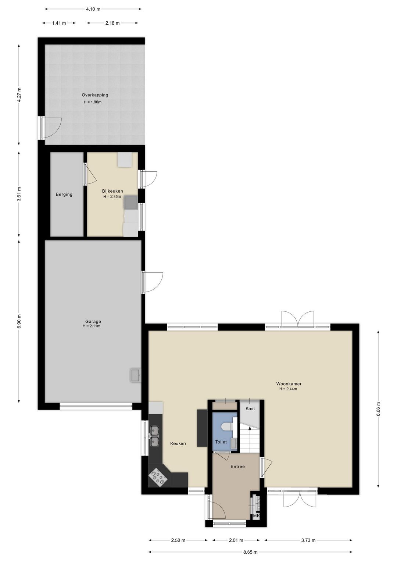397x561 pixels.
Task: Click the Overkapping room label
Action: pyautogui.click(x=95, y=95)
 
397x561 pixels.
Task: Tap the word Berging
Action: pyautogui.click(x=64, y=194)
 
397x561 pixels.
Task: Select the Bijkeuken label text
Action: pyautogui.click(x=112, y=191)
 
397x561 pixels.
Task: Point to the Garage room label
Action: pyautogui.click(x=93, y=321)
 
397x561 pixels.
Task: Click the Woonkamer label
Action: pyautogui.click(x=289, y=383)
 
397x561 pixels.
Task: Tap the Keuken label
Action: pyautogui.click(x=178, y=443)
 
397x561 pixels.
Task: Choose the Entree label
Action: pyautogui.click(x=237, y=466)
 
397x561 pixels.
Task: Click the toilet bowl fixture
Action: pyautogui.click(x=228, y=426)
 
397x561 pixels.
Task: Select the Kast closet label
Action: pyautogui.click(x=250, y=408)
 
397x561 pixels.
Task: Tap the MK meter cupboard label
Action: pyautogui.click(x=256, y=516)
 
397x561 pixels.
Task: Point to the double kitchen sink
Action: pyautogui.click(x=154, y=436)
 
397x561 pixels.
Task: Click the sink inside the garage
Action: pyautogui.click(x=135, y=375)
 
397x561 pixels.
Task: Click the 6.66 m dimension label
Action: pyautogui.click(x=378, y=409)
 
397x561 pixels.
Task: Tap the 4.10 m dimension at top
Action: pyautogui.click(x=93, y=9)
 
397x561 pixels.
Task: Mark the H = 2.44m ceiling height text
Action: pyautogui.click(x=288, y=389)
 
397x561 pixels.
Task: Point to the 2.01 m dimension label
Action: pyautogui.click(x=236, y=540)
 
